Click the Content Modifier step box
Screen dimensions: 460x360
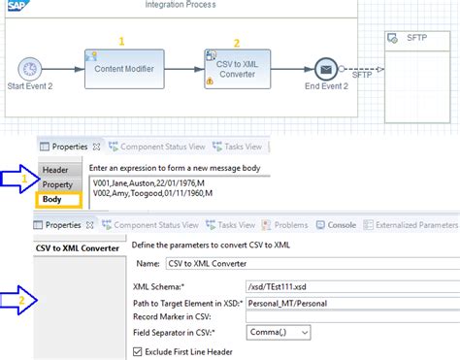click(x=124, y=70)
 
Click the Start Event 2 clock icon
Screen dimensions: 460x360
click(x=31, y=70)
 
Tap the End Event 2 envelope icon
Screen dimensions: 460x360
click(x=327, y=70)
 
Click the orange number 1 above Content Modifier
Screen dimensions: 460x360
click(x=122, y=41)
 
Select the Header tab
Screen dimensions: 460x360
click(x=54, y=170)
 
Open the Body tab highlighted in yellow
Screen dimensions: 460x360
click(x=54, y=200)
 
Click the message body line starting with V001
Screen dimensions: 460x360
click(x=150, y=181)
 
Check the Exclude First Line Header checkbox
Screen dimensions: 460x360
click(x=138, y=349)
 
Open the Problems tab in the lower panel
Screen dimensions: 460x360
click(x=290, y=224)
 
